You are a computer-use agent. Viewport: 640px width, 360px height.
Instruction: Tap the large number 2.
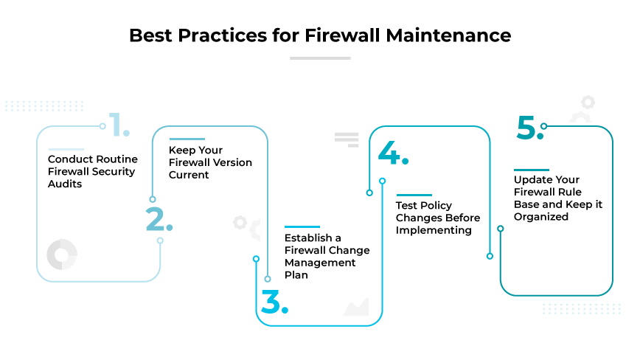tap(158, 220)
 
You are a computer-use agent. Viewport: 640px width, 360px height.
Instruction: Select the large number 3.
tap(273, 301)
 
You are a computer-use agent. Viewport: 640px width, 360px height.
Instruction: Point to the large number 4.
tap(391, 152)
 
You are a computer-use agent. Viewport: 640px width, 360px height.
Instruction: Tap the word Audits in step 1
tap(65, 184)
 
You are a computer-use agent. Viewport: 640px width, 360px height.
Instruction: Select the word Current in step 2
tap(189, 175)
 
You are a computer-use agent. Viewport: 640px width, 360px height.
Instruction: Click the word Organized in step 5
tap(541, 217)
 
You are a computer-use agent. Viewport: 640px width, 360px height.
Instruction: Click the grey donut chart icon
tap(62, 254)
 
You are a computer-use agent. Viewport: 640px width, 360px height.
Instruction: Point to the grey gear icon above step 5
tap(588, 103)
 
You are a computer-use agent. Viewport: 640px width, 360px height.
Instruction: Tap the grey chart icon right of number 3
tap(356, 306)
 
